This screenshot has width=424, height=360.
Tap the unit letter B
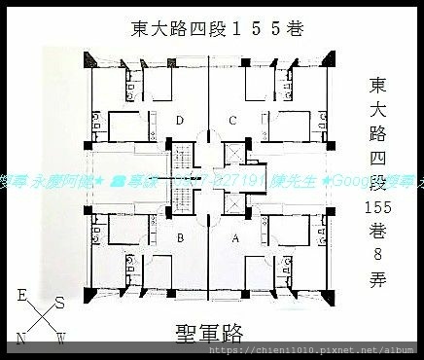pyautogui.click(x=181, y=236)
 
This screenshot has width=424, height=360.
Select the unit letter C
pyautogui.click(x=231, y=121)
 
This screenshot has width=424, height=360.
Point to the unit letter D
pyautogui.click(x=181, y=121)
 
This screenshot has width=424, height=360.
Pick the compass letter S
pyautogui.click(x=60, y=302)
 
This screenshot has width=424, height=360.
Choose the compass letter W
pyautogui.click(x=59, y=339)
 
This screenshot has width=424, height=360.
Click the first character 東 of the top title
pyautogui.click(x=140, y=28)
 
